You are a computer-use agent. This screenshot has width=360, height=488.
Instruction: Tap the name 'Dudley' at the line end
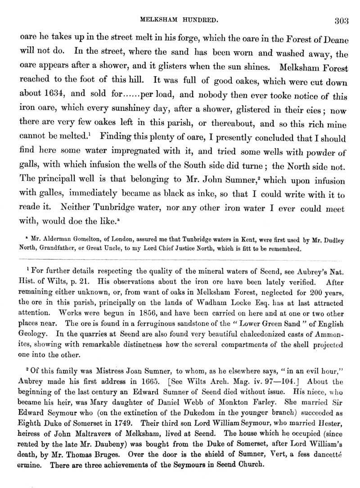[330, 241]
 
